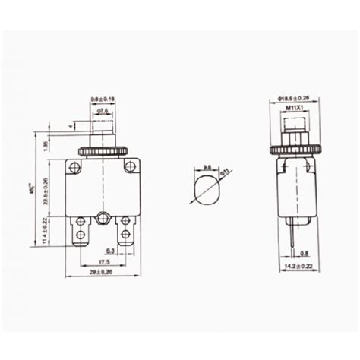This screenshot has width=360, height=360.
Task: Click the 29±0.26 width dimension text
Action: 100,270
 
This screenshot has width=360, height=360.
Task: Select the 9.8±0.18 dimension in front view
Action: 102,99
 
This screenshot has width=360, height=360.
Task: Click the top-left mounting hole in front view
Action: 74,166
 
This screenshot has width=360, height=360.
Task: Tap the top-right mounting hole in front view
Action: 129,166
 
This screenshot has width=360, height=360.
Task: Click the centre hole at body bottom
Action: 102,222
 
